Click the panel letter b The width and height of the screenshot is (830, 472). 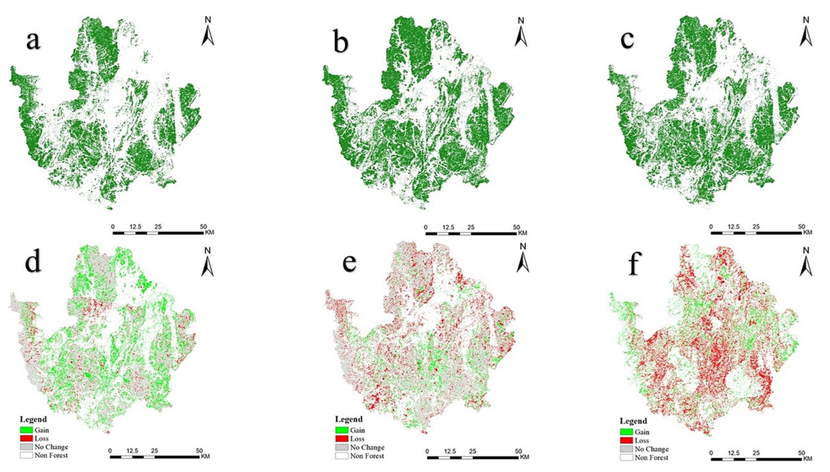coord(341,43)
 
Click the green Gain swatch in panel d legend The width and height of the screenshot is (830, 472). coord(26,430)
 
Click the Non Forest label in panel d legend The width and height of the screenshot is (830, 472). coord(51,455)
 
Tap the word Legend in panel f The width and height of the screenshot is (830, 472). coord(633,421)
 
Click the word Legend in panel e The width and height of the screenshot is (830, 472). coord(349,419)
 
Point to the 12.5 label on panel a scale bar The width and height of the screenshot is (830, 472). coord(135,227)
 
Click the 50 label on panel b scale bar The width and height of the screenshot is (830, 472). coord(516,227)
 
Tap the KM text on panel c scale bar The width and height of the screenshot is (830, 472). coord(808,232)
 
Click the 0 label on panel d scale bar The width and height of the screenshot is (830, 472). coord(110,451)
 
